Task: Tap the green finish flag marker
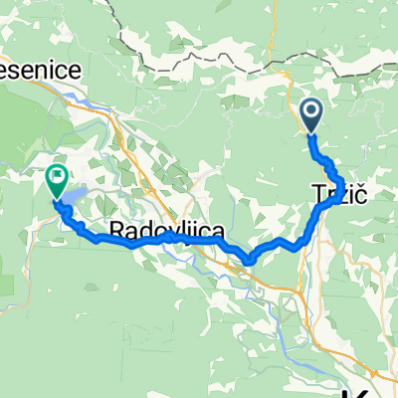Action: tap(56, 181)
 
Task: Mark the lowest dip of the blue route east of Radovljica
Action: tap(248, 264)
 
